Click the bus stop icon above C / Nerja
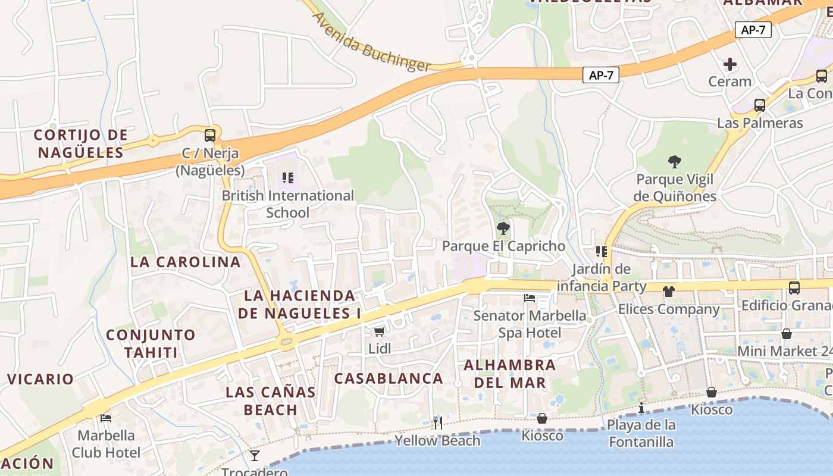point(209,135)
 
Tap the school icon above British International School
point(288,177)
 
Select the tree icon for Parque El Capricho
point(503,228)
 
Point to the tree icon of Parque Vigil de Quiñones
point(674,161)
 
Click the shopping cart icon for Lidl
point(379,331)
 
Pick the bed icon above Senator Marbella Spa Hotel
point(530,297)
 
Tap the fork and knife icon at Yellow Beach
point(438,422)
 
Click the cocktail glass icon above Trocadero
point(255,456)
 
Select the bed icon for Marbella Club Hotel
point(106,418)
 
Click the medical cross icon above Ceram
point(729,64)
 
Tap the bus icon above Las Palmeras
point(760,105)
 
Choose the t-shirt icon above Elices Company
point(669,291)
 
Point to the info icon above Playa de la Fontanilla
point(641,408)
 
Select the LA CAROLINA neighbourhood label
point(186,262)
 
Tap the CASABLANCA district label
point(389,378)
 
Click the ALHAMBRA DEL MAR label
point(510,374)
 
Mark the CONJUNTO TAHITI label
point(151,343)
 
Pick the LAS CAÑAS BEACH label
point(271,401)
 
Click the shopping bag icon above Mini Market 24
point(787,334)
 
